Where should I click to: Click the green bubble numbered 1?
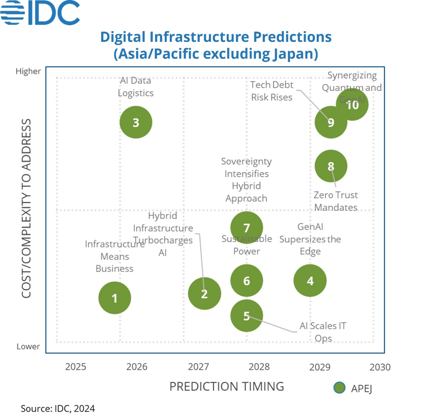(115, 298)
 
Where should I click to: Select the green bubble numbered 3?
(136, 122)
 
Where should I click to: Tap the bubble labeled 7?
(246, 228)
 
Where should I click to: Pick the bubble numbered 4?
(310, 281)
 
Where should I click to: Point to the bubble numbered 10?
(352, 105)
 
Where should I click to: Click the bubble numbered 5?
(246, 315)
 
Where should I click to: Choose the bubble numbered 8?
(331, 166)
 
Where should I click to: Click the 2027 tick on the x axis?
(198, 367)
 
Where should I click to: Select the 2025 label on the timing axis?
(75, 367)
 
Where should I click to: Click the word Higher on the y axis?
(28, 71)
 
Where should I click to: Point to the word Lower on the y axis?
(28, 347)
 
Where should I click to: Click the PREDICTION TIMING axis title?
(227, 386)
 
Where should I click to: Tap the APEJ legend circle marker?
(339, 388)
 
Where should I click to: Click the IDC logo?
(40, 13)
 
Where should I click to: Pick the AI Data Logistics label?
(136, 87)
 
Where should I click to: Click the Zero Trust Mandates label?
(336, 201)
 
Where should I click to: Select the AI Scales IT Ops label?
(323, 332)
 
